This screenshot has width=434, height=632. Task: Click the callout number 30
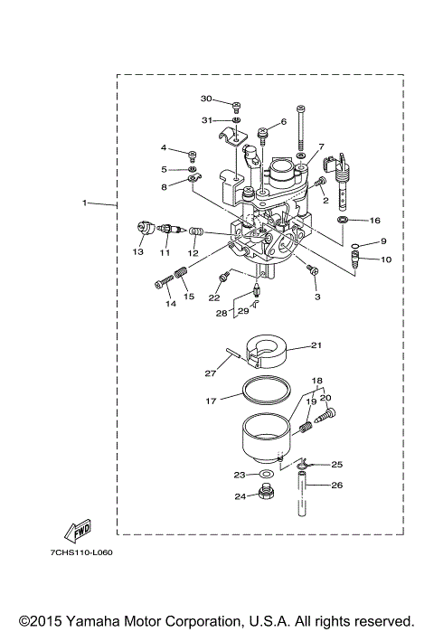click(205, 99)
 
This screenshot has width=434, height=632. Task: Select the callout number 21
click(316, 344)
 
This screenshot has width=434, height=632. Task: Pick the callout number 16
click(375, 220)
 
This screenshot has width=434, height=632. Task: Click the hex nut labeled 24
click(266, 494)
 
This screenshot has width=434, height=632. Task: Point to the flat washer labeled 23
click(266, 474)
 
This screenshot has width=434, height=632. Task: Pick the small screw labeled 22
click(223, 277)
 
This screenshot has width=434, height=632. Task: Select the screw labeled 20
click(328, 415)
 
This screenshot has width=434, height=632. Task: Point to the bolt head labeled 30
click(235, 105)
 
